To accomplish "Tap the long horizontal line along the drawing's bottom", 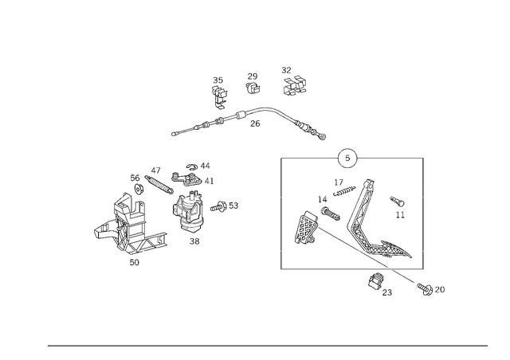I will pos(267,345).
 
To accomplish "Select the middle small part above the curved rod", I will pos(254,82).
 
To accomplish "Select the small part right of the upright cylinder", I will pos(223,208).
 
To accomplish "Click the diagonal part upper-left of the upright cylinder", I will pos(159,179).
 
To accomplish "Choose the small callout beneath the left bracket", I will pos(135,264).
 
